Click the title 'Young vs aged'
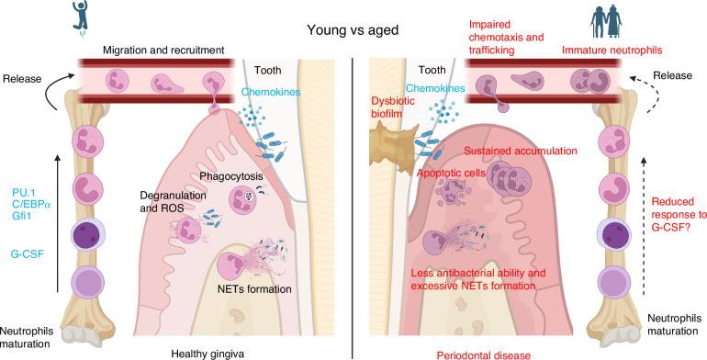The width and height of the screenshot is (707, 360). pos(354,29)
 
